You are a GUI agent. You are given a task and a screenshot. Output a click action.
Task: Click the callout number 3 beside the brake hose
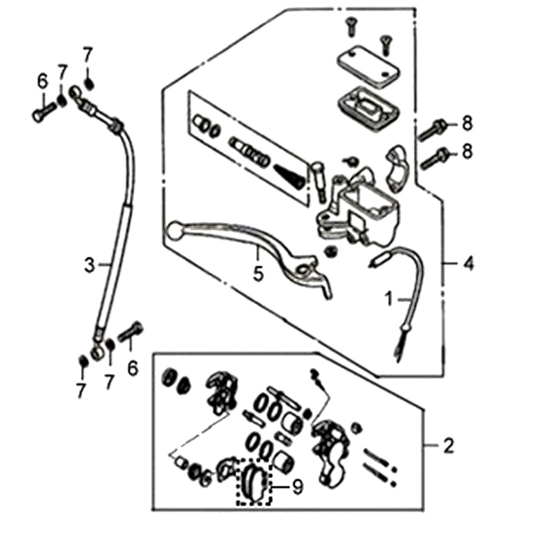(x=89, y=265)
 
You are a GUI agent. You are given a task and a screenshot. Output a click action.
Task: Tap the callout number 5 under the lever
(x=258, y=275)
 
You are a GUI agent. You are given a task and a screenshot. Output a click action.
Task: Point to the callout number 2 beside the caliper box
(x=449, y=445)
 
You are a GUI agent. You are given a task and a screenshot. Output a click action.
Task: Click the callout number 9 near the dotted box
(x=297, y=487)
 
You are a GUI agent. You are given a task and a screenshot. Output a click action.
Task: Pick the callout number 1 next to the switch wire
(x=388, y=299)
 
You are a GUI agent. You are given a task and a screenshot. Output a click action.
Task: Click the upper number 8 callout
(x=466, y=123)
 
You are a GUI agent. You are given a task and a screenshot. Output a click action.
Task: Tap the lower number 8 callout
(x=466, y=152)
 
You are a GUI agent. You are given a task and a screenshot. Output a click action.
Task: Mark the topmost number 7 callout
(x=88, y=57)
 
